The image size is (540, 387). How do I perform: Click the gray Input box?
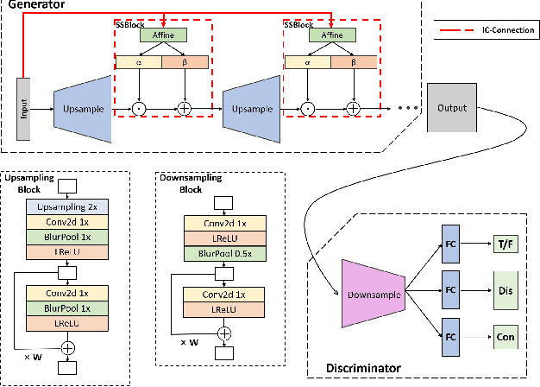[x=23, y=110]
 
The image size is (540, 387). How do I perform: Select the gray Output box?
[x=452, y=109]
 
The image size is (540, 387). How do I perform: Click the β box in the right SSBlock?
[x=354, y=62]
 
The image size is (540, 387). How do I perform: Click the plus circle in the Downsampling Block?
[x=224, y=333]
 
